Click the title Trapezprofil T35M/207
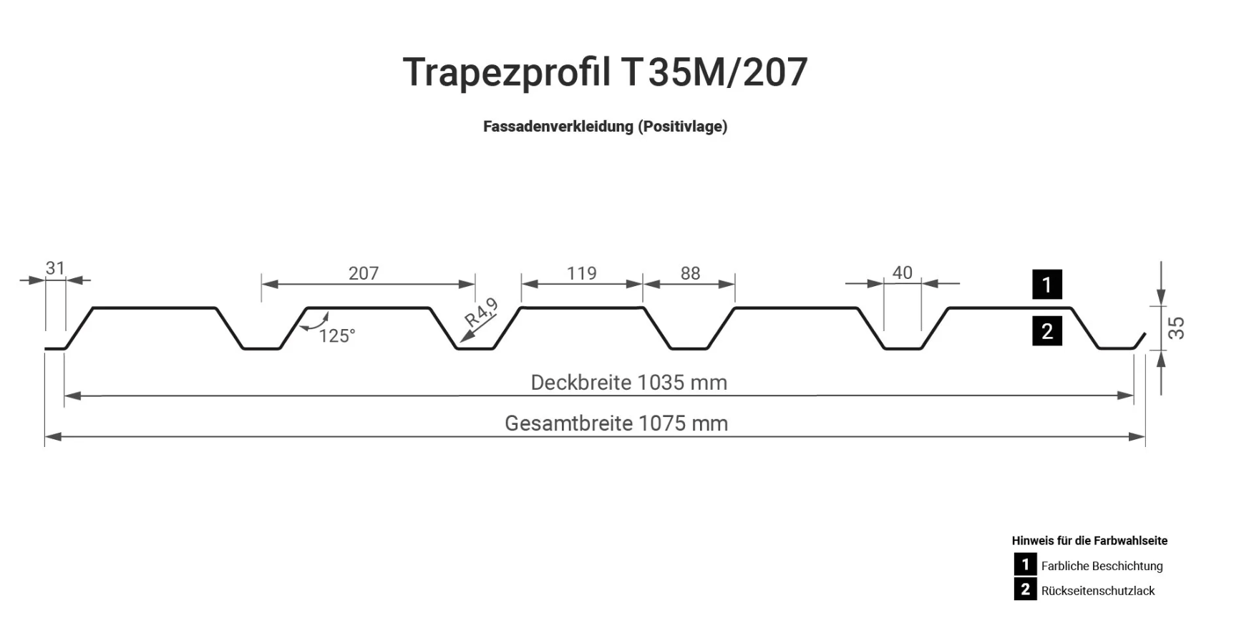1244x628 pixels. (x=605, y=72)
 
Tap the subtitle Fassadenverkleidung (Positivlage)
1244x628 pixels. (x=605, y=127)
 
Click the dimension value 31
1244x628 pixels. (x=55, y=268)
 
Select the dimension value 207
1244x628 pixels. (x=364, y=273)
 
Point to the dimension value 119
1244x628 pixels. (x=581, y=273)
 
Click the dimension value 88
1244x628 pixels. (x=690, y=273)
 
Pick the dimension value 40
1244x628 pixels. (x=902, y=273)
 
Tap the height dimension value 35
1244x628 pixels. (x=1176, y=328)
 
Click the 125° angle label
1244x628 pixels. (x=336, y=336)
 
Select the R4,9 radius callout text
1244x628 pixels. (x=482, y=313)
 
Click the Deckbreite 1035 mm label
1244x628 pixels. (x=628, y=383)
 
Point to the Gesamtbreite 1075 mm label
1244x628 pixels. (x=616, y=423)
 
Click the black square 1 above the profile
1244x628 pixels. (x=1046, y=285)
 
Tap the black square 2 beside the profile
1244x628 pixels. (x=1046, y=331)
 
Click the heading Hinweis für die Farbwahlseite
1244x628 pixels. (x=1089, y=541)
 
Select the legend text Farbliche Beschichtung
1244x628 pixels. (x=1102, y=566)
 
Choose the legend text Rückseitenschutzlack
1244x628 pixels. (x=1098, y=591)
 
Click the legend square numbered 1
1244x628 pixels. (x=1025, y=564)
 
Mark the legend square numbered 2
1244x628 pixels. (x=1025, y=589)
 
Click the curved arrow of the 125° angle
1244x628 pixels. (x=316, y=323)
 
